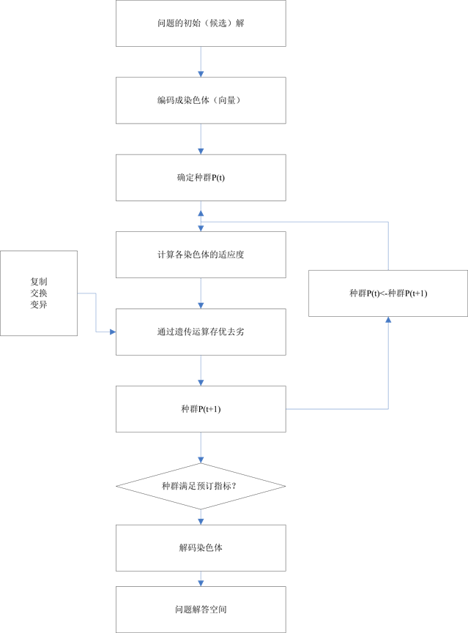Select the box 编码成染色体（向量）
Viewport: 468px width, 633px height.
tap(201, 100)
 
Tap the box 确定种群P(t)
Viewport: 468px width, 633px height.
tap(201, 177)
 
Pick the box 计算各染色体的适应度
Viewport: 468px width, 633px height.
tap(201, 255)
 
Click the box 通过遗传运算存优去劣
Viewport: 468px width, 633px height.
tap(201, 332)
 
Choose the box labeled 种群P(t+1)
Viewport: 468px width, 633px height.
tap(201, 410)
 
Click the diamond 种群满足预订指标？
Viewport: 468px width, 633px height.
tap(201, 487)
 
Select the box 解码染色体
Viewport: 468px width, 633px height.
tap(201, 547)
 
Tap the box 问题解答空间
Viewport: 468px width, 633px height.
tap(201, 608)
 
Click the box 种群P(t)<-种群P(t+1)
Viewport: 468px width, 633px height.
tap(388, 293)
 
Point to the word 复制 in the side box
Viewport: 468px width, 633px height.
tap(39, 281)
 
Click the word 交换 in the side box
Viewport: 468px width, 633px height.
tap(39, 293)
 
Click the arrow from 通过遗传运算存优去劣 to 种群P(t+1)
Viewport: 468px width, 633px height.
tap(201, 371)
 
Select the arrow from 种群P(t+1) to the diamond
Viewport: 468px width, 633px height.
tap(201, 448)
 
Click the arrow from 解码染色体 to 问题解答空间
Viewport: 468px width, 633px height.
tap(201, 578)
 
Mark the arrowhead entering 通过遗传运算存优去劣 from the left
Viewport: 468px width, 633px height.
tap(112, 332)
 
